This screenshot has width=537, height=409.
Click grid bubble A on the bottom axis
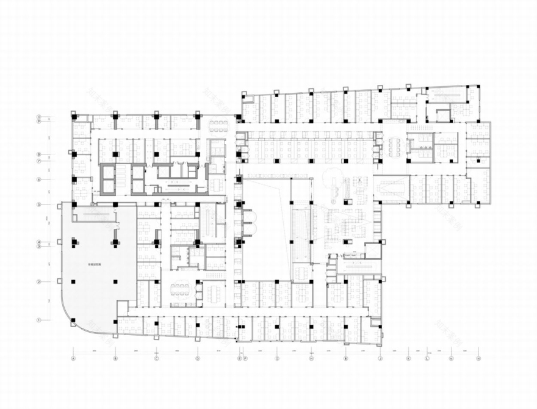[x=73, y=358]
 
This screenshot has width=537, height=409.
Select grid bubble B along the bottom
[x=115, y=358]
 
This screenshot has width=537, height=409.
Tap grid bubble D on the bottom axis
[x=197, y=358]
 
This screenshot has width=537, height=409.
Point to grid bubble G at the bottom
[x=277, y=358]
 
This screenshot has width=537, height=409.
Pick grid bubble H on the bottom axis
[x=311, y=358]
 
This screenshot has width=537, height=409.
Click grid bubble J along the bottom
[x=380, y=358]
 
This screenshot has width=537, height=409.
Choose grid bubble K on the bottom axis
[x=409, y=358]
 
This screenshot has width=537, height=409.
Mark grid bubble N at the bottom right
[x=478, y=358]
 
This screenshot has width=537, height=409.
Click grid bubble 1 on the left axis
[x=38, y=319]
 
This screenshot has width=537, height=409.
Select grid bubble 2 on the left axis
[x=38, y=281]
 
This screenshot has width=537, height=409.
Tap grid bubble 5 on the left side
[x=38, y=204]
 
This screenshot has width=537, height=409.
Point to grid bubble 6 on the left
[x=38, y=179]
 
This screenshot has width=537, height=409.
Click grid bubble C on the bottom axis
[x=156, y=358]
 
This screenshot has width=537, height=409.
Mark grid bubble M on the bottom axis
[x=451, y=358]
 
